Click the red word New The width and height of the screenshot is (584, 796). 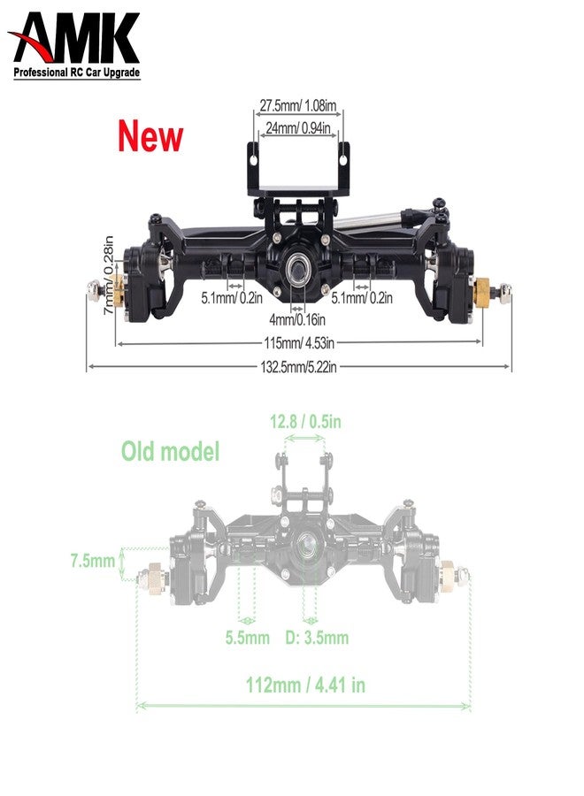(x=150, y=137)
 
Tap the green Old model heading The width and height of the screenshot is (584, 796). (x=170, y=452)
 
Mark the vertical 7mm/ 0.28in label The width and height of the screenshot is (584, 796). (x=108, y=275)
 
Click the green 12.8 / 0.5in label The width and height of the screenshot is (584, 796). (x=305, y=422)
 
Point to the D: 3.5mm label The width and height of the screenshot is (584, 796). (x=317, y=638)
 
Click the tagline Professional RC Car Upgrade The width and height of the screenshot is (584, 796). (x=77, y=75)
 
